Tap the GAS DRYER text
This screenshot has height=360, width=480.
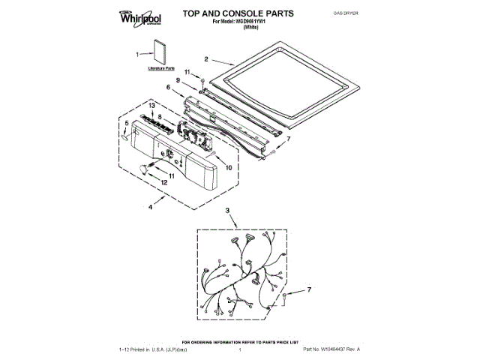pyautogui.click(x=343, y=14)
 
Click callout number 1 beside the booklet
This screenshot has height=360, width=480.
pyautogui.click(x=138, y=54)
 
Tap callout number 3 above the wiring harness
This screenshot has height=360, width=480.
pyautogui.click(x=227, y=213)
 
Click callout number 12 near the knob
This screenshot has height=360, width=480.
pyautogui.click(x=164, y=182)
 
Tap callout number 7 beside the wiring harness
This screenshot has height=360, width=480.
pyautogui.click(x=310, y=288)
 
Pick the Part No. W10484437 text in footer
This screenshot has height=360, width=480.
pyautogui.click(x=331, y=350)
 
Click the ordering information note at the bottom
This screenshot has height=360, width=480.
pyautogui.click(x=240, y=342)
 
